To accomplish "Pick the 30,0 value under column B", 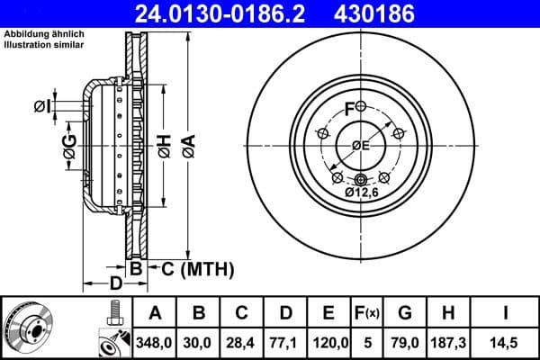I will pyautogui.click(x=199, y=342).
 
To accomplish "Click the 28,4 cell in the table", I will pyautogui.click(x=241, y=342).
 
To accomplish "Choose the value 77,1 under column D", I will pyautogui.click(x=285, y=342).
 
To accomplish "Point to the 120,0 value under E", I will pyautogui.click(x=328, y=342).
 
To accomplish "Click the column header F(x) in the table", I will pyautogui.click(x=367, y=313).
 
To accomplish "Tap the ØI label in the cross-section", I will pyautogui.click(x=42, y=107).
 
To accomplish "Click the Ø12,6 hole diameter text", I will pyautogui.click(x=363, y=193).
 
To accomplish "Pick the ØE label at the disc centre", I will pyautogui.click(x=361, y=147).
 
